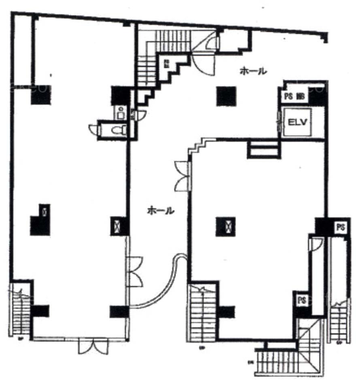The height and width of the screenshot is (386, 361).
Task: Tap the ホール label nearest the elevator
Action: click(x=253, y=71)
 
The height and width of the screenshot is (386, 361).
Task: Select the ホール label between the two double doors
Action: click(x=160, y=211)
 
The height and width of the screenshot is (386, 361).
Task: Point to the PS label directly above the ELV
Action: click(x=288, y=97)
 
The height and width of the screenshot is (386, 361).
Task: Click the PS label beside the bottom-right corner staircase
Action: click(x=301, y=300)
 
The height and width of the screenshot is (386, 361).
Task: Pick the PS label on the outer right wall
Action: click(x=341, y=227)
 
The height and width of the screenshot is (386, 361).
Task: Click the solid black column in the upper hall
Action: click(x=225, y=96)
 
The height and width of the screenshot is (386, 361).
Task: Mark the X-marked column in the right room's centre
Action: click(x=225, y=226)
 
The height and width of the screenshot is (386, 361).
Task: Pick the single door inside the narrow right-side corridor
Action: click(x=316, y=243)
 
